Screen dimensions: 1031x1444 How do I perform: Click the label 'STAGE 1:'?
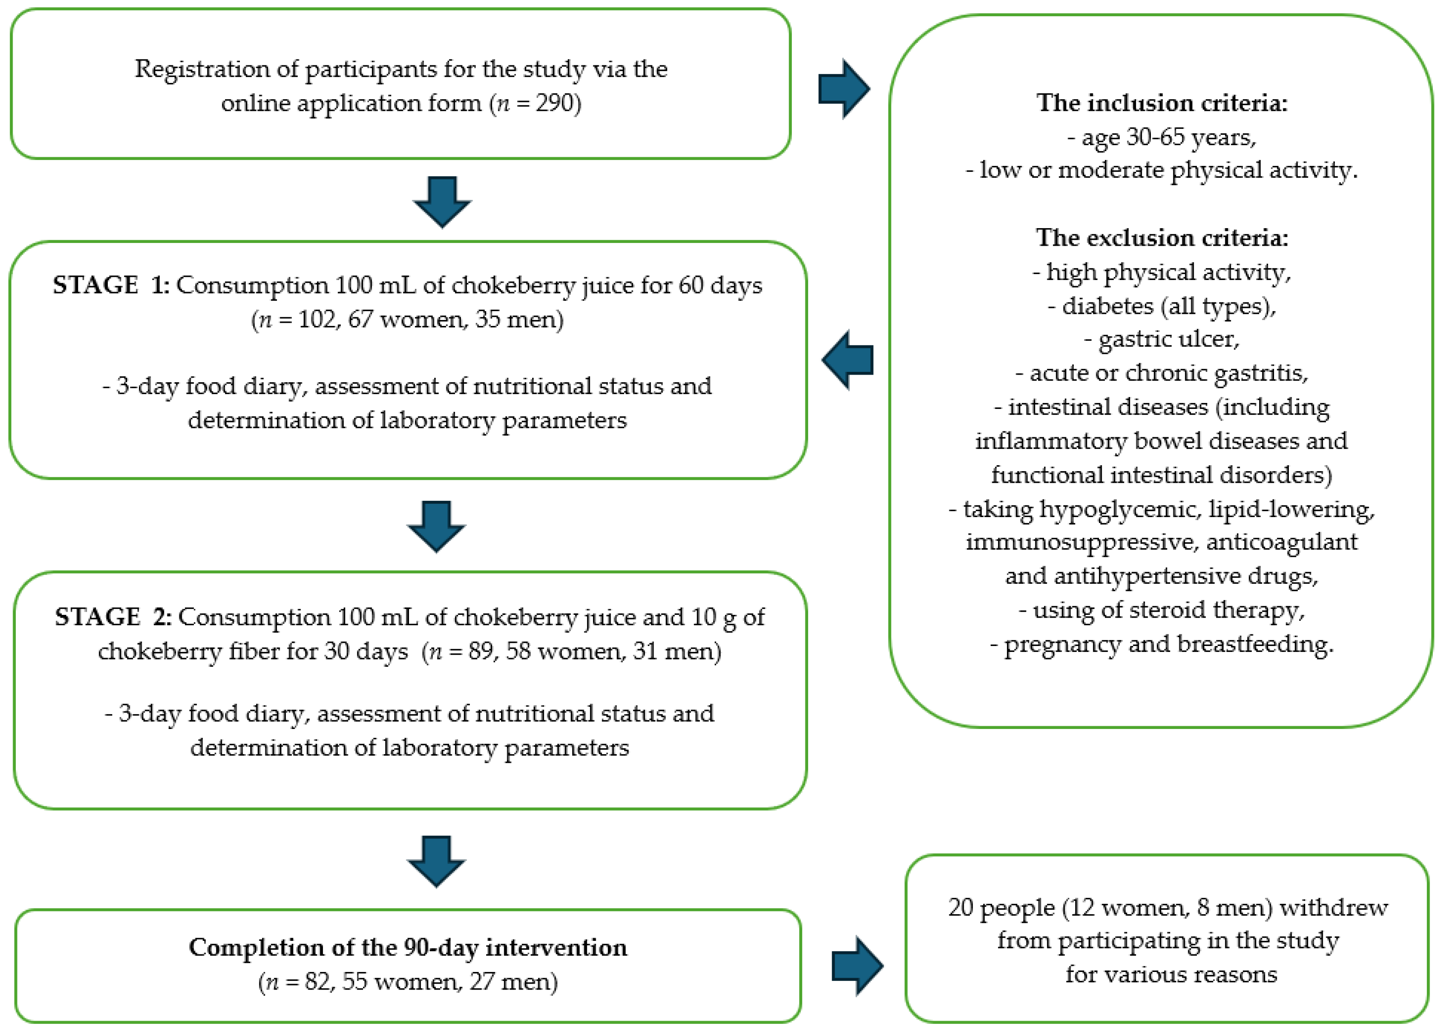tap(110, 285)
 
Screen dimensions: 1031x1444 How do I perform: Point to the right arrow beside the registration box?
tap(844, 89)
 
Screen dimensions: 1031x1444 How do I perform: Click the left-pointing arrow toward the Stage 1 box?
tap(848, 359)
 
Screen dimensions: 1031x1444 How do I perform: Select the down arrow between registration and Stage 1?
tap(442, 202)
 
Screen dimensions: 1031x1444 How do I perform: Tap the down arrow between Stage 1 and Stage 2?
tap(436, 526)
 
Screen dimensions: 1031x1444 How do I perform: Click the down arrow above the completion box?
tap(436, 861)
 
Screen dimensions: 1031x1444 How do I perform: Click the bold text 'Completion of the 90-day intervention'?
tap(408, 947)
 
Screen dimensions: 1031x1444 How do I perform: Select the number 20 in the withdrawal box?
tap(960, 907)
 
